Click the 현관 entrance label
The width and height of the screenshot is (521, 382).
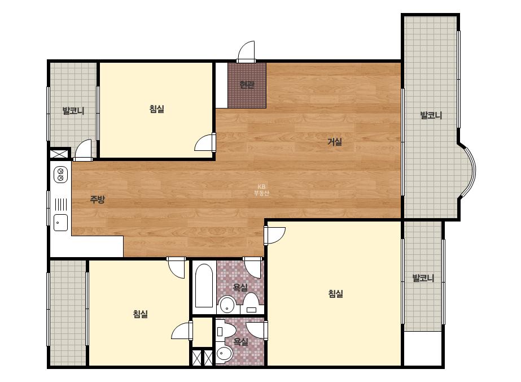coord(247,85)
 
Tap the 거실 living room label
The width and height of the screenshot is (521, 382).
coord(335,142)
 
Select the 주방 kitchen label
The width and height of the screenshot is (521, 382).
coord(97,199)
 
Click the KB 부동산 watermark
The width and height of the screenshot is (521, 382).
coord(261,190)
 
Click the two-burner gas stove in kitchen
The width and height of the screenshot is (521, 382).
coord(60,175)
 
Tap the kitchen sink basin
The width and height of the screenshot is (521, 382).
coord(60,223)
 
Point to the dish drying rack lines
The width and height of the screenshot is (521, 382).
coord(60,205)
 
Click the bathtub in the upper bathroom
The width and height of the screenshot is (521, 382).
coord(204,285)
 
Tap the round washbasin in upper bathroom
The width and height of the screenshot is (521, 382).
coord(227,305)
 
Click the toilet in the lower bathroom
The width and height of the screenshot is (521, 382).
coord(225,331)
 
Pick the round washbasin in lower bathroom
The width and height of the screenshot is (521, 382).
coord(225,354)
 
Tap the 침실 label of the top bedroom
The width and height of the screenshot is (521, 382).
coord(157,109)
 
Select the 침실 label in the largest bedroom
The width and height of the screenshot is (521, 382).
coord(336,294)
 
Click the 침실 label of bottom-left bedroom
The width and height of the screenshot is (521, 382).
coord(140,314)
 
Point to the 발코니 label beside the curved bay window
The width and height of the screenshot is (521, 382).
coord(431,115)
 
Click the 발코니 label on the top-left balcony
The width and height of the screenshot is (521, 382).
coord(73,111)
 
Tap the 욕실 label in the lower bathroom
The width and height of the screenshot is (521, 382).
coord(240,341)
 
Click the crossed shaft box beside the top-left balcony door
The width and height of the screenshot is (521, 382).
coord(59,154)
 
